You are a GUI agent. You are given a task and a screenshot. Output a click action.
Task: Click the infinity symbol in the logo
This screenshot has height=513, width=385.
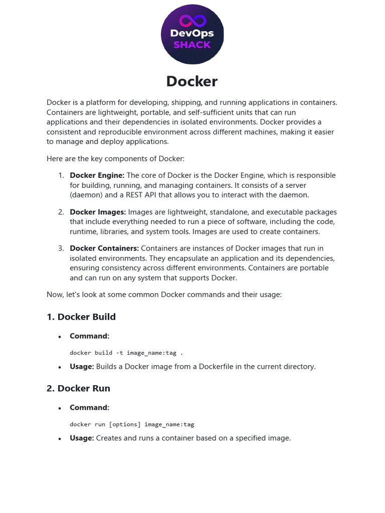192,21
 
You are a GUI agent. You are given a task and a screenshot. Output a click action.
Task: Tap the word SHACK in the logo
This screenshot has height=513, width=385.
192,45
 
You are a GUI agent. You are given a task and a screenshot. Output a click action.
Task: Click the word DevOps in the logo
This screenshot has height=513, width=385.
192,34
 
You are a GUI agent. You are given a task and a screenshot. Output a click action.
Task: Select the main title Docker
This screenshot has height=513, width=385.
192,81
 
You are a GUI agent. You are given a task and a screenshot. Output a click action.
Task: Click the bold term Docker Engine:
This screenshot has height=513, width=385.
97,175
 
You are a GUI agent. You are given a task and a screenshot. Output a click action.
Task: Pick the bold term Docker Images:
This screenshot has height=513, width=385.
98,212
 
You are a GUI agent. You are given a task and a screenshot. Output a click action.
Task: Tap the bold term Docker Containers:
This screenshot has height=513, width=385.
104,248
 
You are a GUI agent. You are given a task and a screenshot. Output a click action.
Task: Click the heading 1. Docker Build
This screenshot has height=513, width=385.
81,317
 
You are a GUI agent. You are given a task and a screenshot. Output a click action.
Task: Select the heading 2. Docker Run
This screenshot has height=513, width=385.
78,388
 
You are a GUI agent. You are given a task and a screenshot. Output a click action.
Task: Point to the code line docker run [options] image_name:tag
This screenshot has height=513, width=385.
132,424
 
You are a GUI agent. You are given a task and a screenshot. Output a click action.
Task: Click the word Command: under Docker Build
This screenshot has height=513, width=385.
89,336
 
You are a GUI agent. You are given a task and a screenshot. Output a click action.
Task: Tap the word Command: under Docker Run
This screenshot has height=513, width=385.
89,407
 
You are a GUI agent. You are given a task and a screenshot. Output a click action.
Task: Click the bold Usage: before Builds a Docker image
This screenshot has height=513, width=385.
82,367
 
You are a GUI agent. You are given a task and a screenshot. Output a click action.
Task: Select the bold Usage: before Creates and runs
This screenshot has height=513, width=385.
82,438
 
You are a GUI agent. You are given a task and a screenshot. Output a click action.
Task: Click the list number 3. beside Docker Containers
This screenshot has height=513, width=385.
61,248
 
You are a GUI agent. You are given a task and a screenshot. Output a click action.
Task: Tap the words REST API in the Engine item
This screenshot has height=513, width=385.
151,195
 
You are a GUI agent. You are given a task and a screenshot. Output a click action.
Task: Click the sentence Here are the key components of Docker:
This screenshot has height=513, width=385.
115,159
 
